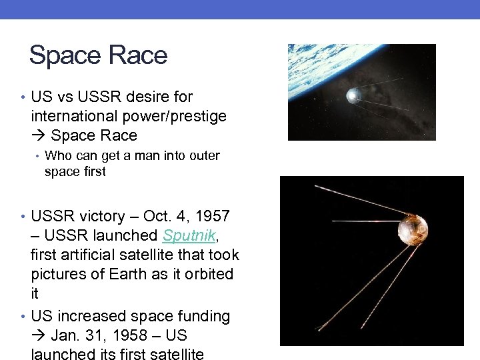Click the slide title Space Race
98,55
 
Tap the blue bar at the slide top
240,9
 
